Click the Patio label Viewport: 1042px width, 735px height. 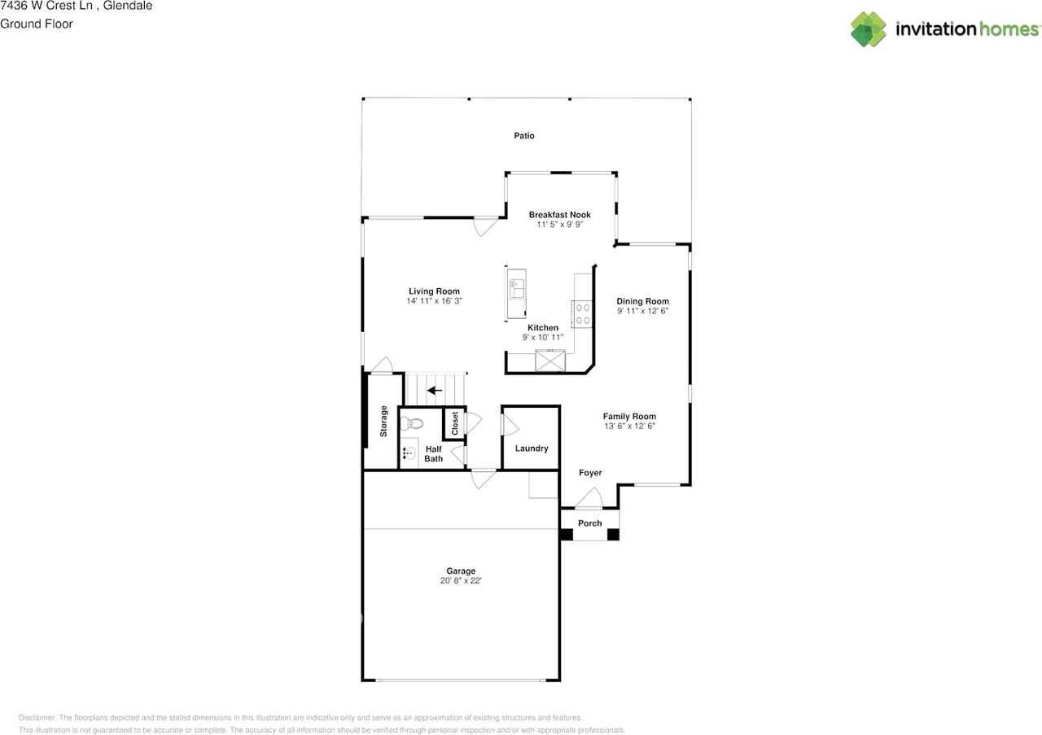click(x=523, y=136)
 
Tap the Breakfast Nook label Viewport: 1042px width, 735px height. click(x=559, y=215)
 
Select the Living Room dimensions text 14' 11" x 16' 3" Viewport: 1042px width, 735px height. click(x=434, y=301)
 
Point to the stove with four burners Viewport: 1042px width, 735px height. click(x=582, y=313)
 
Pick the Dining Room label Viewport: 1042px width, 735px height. click(x=642, y=301)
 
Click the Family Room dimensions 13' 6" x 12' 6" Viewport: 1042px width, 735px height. click(x=629, y=426)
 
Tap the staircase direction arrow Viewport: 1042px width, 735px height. click(x=435, y=391)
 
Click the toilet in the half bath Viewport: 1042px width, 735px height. click(x=413, y=423)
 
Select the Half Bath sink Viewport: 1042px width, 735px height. click(x=409, y=453)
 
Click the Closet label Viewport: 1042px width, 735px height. click(x=455, y=423)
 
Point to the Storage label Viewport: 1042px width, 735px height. click(x=383, y=422)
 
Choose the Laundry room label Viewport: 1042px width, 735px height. click(x=532, y=448)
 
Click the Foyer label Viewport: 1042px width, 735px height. click(x=590, y=473)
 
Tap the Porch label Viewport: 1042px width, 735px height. click(x=590, y=523)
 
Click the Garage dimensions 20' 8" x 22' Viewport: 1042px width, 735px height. click(x=461, y=581)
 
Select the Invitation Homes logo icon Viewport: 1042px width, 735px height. click(x=869, y=29)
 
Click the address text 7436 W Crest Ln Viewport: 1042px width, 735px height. click(x=45, y=6)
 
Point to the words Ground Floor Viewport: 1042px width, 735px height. click(x=37, y=24)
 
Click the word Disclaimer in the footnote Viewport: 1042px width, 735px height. click(x=37, y=718)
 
